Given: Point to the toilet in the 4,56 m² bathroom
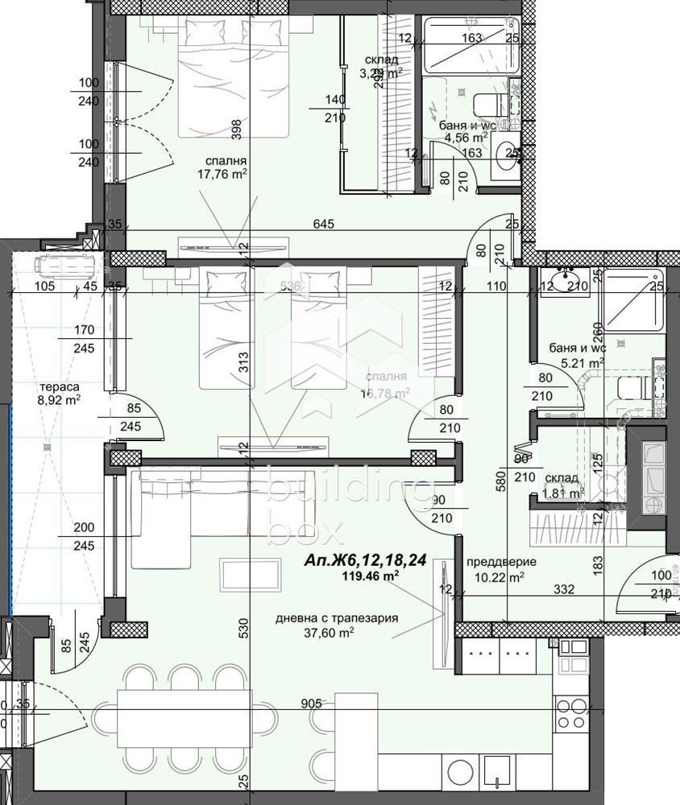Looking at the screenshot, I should click(493, 105).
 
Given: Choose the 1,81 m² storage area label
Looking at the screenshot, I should click(563, 493).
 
